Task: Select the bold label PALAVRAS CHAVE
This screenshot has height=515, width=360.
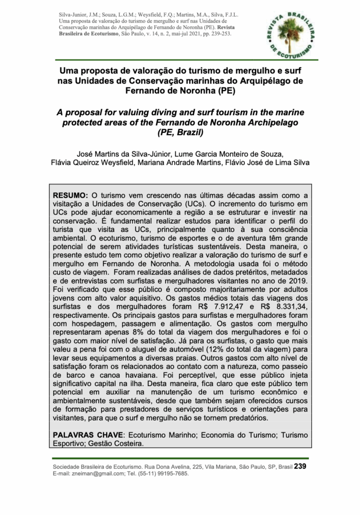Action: [x=88, y=434]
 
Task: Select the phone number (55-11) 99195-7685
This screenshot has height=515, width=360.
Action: [x=162, y=474]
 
